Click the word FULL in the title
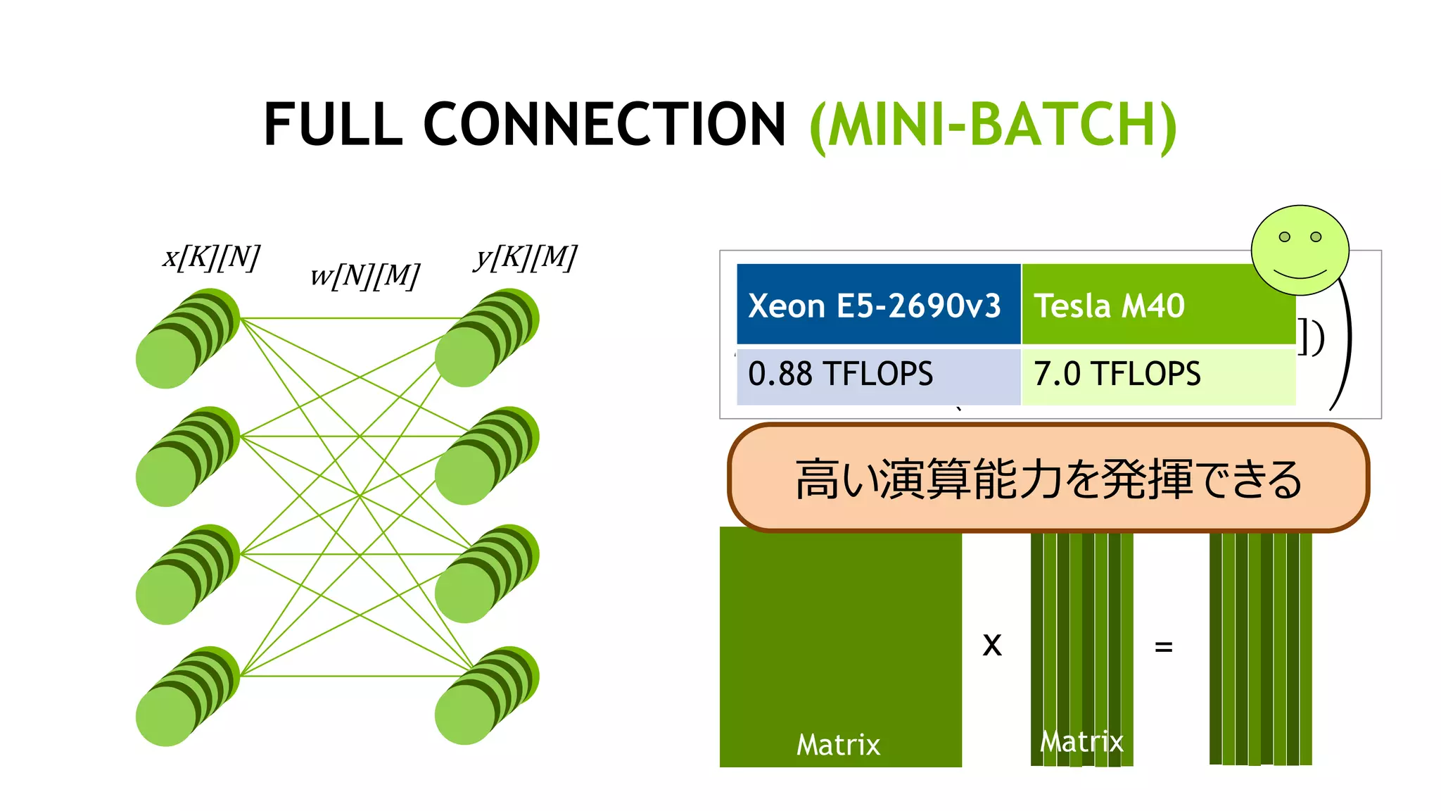click(x=333, y=125)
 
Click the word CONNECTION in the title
click(x=604, y=125)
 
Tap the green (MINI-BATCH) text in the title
click(x=993, y=125)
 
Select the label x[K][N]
click(x=211, y=257)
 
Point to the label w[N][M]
click(x=364, y=275)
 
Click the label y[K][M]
click(x=525, y=257)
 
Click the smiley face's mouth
click(x=1300, y=273)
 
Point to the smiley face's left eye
click(x=1284, y=237)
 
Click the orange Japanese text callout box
click(x=1048, y=478)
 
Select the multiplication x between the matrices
click(x=992, y=644)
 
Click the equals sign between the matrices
click(x=1164, y=646)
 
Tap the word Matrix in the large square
click(x=838, y=744)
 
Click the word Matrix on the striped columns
click(x=1081, y=741)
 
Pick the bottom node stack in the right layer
click(x=486, y=696)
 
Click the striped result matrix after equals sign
click(x=1260, y=648)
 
